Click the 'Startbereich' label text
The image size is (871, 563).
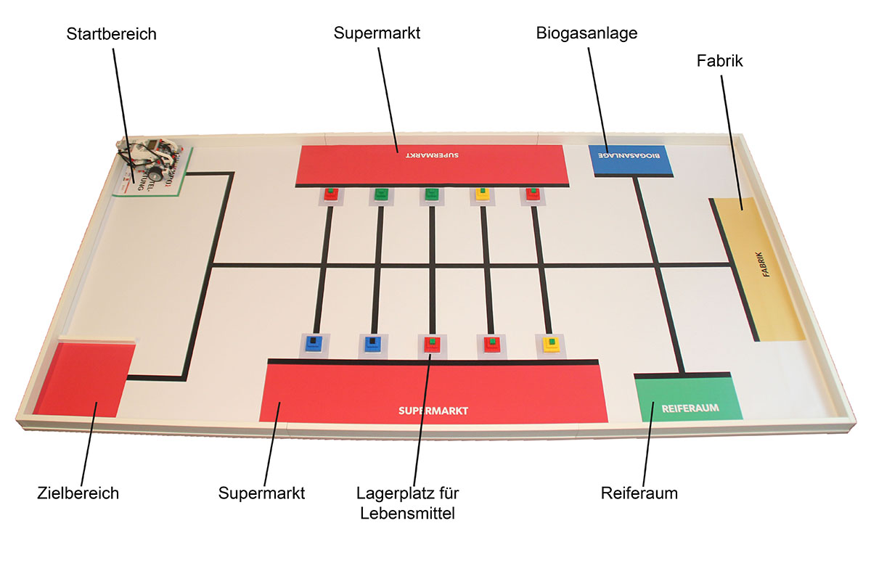[111, 34]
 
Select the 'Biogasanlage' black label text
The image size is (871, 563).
[586, 33]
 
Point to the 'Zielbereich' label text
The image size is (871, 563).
[78, 493]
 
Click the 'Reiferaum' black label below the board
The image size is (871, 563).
[639, 493]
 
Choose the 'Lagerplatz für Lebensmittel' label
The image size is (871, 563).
[408, 503]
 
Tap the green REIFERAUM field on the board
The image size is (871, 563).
[689, 399]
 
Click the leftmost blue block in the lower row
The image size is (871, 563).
[313, 344]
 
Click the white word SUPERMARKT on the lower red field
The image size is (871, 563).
[433, 411]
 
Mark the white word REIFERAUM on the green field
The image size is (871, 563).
[690, 408]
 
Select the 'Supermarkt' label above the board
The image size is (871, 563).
[377, 33]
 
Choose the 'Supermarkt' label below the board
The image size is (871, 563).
[261, 493]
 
